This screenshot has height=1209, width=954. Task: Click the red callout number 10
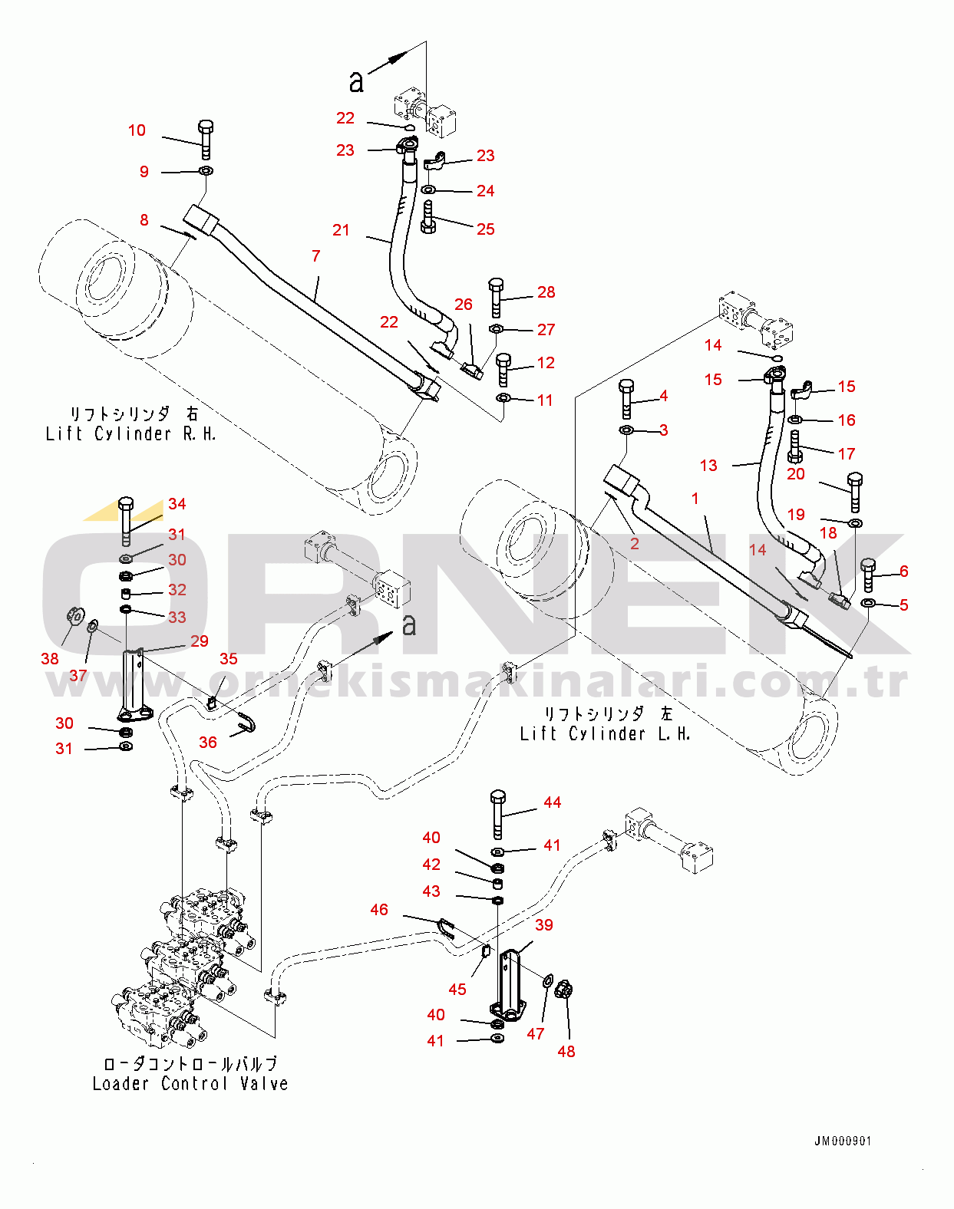coord(137,130)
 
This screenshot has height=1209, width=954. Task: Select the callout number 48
coord(566,1051)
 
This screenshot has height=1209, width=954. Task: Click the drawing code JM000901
coord(842,1141)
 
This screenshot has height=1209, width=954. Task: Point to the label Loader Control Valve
coord(190,1083)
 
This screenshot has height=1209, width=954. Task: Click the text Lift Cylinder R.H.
coord(130,433)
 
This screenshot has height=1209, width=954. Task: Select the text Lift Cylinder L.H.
coord(605,733)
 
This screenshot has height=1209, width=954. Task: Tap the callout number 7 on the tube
coord(315,255)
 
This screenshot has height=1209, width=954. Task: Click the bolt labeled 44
coord(497,814)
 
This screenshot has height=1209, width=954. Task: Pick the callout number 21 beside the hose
coord(341,229)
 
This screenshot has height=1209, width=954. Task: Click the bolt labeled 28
coord(496,298)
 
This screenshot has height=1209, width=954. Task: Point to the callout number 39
coord(544,924)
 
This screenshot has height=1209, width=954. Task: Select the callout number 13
coord(708,465)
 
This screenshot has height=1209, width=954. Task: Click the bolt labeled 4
coord(626,397)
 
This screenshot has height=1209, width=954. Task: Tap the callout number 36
coord(208,742)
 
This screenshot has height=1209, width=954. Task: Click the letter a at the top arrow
coord(356,80)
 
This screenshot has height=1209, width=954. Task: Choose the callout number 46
coord(379,909)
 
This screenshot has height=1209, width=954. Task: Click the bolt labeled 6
coord(868,574)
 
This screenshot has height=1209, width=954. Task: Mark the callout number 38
coord(50,658)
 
